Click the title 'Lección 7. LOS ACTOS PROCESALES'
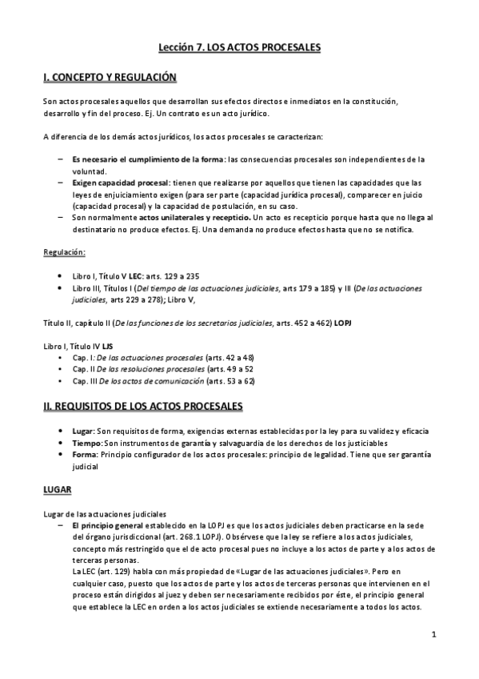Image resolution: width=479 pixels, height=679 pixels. pos(239,48)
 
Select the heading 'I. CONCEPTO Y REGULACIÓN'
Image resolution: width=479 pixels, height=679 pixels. pos(109,78)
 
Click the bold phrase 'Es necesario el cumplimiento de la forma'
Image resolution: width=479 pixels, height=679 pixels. pos(146,159)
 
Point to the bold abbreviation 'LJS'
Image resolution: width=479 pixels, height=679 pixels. pos(107,346)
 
